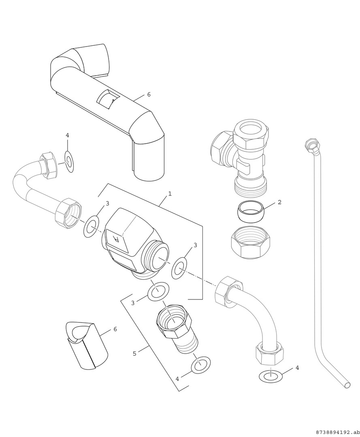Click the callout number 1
click(170, 194)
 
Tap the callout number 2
click(279, 202)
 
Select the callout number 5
click(134, 353)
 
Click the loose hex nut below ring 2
click(251, 242)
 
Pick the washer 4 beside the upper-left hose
click(69, 162)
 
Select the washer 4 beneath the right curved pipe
click(271, 376)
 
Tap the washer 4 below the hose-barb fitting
click(200, 365)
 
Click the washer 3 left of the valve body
click(92, 226)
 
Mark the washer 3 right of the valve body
click(179, 267)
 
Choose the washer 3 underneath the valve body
click(158, 292)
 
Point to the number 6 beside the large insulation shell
click(149, 94)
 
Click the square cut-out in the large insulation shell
click(107, 99)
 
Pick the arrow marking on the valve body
click(117, 238)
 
